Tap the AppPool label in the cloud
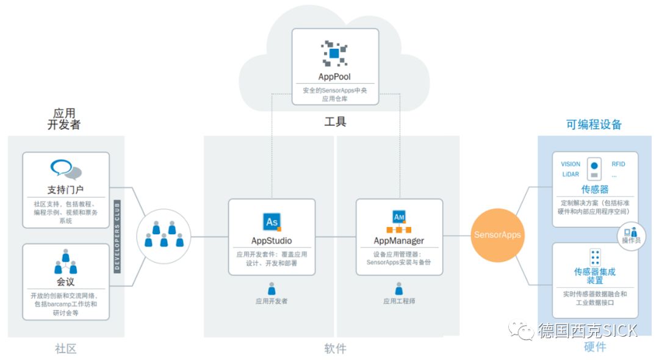334,77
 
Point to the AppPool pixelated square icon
334,54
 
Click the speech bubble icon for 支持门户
65,169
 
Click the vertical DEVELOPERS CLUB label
118,235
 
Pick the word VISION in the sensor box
571,164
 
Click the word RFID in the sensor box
618,164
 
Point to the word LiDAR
571,175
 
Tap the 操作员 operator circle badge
630,235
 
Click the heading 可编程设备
594,124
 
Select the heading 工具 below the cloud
335,122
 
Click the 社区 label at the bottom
66,348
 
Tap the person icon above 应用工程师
399,289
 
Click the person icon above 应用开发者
272,289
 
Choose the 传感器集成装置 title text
595,276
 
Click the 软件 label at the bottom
335,348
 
